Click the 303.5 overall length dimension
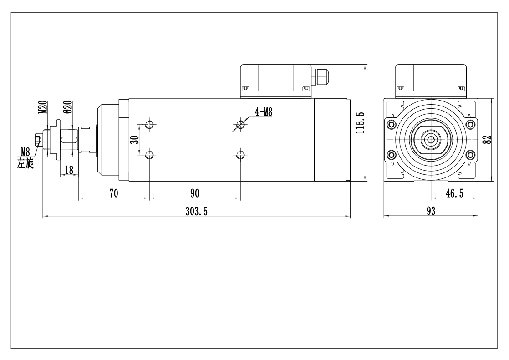click(197, 211)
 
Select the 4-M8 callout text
click(263, 112)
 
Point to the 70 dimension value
click(114, 193)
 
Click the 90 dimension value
click(195, 193)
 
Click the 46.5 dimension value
click(454, 193)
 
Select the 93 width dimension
click(430, 211)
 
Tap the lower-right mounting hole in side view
click(241, 156)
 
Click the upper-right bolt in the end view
click(470, 124)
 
